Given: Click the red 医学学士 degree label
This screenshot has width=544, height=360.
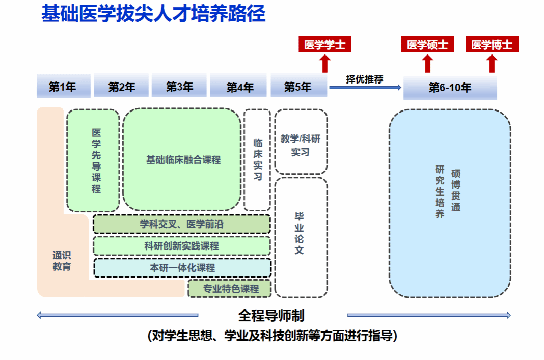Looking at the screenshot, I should click(324, 45).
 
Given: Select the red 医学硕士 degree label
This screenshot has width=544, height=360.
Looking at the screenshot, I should click(427, 45).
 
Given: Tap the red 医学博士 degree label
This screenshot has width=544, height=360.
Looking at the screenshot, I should click(492, 45).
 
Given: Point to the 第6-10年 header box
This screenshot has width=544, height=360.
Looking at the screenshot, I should click(450, 88).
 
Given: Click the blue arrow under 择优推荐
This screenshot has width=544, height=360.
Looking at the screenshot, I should click(365, 88).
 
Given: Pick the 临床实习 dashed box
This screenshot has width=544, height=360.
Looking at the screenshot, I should click(258, 160).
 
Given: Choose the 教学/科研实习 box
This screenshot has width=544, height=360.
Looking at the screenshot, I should click(301, 145).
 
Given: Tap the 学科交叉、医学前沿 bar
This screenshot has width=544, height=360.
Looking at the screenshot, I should click(182, 224).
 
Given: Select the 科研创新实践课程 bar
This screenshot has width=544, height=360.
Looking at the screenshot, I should click(182, 246).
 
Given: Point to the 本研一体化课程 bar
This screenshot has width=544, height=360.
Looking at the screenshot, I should click(182, 268).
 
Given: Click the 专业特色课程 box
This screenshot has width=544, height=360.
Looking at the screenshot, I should click(231, 289).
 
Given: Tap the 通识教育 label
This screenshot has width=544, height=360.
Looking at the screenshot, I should click(62, 261).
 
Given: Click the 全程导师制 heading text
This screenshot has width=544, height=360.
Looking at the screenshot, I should click(271, 316).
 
